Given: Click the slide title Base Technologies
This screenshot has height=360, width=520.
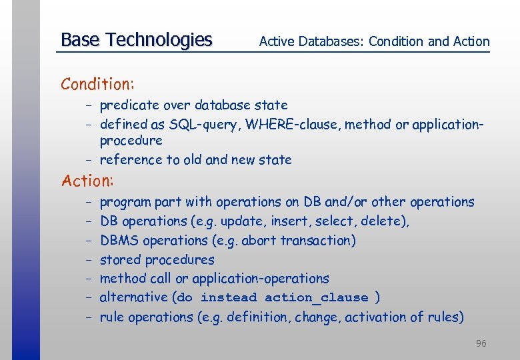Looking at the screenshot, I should tap(136, 40).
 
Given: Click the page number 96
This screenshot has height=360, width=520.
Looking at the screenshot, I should tap(481, 343).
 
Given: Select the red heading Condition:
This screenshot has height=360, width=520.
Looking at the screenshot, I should tap(98, 84).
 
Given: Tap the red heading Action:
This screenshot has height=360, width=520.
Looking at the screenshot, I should tap(87, 181).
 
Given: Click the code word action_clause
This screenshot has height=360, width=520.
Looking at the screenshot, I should tap(316, 298).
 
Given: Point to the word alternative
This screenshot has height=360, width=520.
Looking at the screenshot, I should tap(133, 298).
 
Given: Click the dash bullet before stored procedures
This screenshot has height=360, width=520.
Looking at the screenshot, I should tap(88, 260).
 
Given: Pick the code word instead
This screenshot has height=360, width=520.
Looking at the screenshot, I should tap(228, 298).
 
